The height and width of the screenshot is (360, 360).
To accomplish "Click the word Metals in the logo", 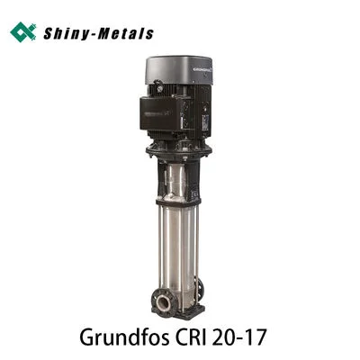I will (x=124, y=33).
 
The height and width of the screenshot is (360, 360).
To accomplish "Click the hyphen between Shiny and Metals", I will (x=94, y=34).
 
